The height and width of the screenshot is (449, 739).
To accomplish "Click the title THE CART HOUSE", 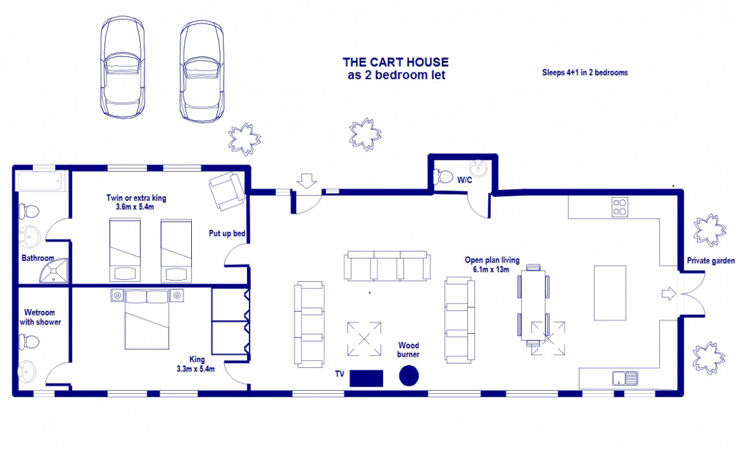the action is [x=395, y=62].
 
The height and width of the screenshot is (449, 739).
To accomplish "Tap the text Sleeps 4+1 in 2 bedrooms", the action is [x=585, y=73].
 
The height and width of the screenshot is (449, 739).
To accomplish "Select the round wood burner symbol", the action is [x=408, y=376].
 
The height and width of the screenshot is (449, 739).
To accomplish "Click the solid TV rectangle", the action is [x=366, y=378].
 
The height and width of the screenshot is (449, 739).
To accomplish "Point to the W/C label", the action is [x=464, y=180].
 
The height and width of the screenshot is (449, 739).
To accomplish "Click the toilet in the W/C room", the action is [x=443, y=177].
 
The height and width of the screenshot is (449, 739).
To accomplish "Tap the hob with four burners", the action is [x=620, y=207].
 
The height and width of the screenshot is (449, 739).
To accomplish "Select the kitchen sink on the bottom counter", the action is [x=625, y=378].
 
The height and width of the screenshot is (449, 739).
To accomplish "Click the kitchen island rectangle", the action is [x=610, y=293].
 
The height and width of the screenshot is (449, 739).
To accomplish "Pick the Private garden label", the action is [x=710, y=260].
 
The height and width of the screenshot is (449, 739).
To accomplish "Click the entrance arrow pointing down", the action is [x=307, y=181].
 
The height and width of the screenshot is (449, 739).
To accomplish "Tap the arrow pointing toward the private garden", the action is [x=669, y=294].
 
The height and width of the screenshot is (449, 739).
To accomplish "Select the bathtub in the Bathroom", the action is [x=40, y=181].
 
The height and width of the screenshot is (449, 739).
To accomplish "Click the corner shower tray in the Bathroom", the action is [x=54, y=271].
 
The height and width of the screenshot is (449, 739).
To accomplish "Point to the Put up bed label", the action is [x=227, y=233].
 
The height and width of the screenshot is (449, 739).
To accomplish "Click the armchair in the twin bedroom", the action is [x=227, y=191].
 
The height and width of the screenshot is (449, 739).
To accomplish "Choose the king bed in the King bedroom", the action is [x=147, y=320].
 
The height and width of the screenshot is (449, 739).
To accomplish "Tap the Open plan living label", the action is [x=492, y=260].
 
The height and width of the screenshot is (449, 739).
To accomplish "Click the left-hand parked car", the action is [x=123, y=67].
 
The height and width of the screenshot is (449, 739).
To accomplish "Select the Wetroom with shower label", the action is [x=40, y=317].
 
